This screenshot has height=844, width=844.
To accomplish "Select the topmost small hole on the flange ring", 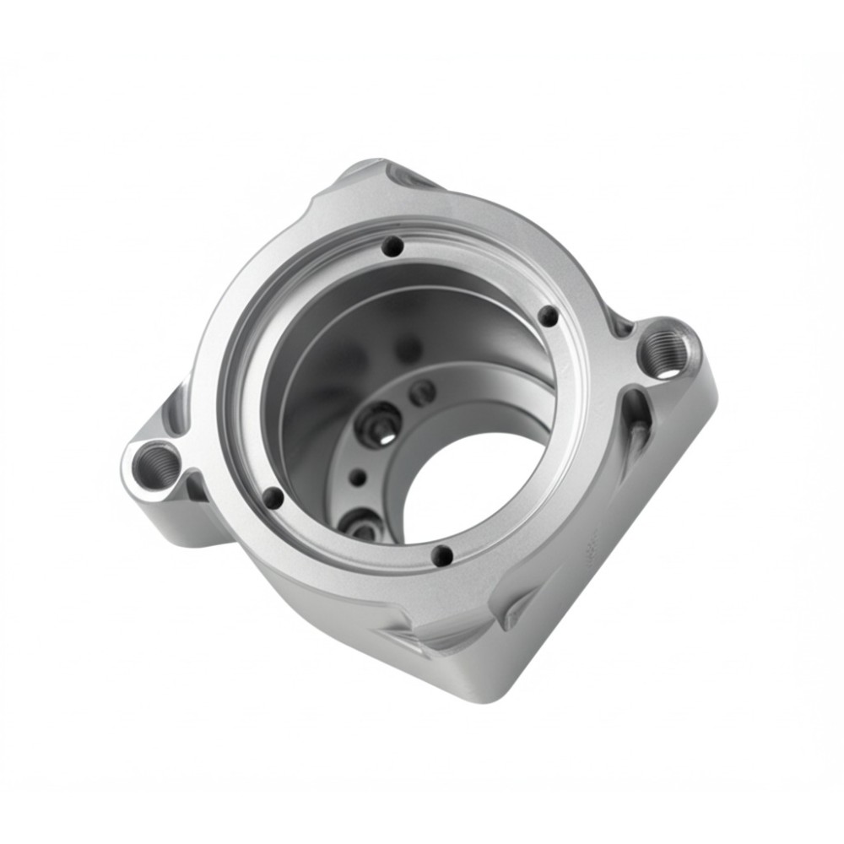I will click(392, 246).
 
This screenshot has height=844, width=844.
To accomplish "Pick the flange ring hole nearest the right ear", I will click(549, 316).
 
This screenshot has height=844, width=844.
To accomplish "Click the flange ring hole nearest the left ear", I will click(273, 498).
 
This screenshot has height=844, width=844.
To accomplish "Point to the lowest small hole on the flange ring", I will click(441, 555).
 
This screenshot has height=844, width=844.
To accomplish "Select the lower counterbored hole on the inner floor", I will click(361, 525).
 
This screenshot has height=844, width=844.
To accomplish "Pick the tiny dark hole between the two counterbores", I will click(358, 478).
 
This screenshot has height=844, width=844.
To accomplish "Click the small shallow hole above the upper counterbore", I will click(422, 392).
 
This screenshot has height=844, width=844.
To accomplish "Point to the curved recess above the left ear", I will click(173, 409).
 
